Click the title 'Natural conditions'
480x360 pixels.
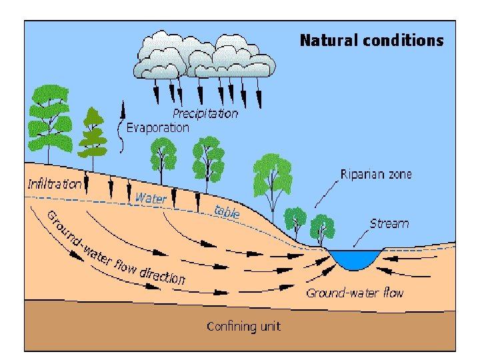[x=371, y=41]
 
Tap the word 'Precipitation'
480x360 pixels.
[x=205, y=113]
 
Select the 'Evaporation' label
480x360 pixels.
[x=157, y=127]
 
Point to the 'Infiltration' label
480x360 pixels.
[x=54, y=183]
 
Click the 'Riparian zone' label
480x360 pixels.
[x=376, y=175]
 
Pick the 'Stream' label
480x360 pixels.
[x=389, y=223]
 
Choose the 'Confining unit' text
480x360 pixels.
[x=243, y=326]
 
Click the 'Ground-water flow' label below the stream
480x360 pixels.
[x=355, y=293]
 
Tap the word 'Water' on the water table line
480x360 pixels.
[x=151, y=198]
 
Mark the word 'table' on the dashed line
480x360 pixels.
[x=227, y=212]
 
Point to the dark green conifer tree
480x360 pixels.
[x=93, y=133]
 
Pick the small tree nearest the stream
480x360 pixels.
[x=322, y=227]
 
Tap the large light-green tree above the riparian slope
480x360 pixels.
[x=271, y=177]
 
